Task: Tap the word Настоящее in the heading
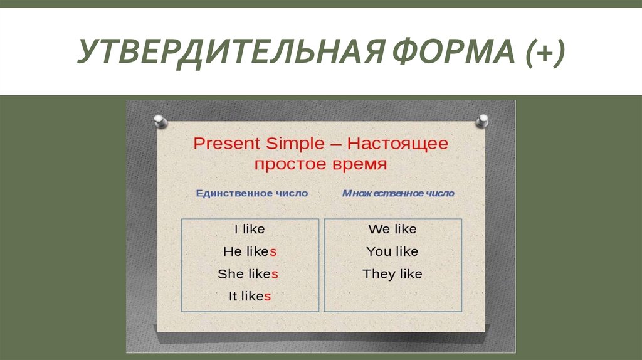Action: coord(398,144)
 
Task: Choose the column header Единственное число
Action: coord(251,193)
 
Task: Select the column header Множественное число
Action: coord(398,193)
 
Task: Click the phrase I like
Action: coord(250,229)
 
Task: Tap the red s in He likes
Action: coord(273,251)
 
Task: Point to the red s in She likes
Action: coord(275,274)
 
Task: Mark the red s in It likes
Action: coord(268,297)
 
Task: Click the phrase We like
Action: coord(392,229)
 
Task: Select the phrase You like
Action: coord(392,251)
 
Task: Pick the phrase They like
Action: coord(392,274)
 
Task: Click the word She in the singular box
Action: coord(230,274)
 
